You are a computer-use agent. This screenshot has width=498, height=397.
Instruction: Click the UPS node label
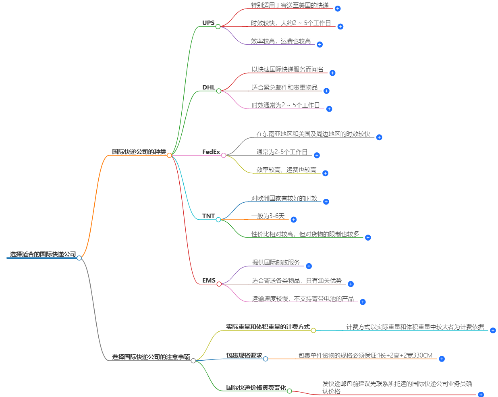[x=208, y=23]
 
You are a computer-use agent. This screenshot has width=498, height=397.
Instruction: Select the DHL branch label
[x=209, y=87]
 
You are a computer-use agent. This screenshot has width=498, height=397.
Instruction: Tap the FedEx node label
[x=211, y=152]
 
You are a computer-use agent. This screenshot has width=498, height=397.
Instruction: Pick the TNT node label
[x=208, y=216]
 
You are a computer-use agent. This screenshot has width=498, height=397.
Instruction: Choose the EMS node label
[x=209, y=281]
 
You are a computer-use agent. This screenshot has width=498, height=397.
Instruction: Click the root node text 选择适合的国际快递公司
[x=43, y=254]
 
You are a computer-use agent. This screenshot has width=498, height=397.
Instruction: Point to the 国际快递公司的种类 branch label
[x=139, y=152]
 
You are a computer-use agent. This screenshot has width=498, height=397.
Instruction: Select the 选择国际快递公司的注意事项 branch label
[x=151, y=357]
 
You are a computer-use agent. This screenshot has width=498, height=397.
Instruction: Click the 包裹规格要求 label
[x=244, y=355]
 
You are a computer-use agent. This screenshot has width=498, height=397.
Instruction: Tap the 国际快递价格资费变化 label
[x=256, y=388]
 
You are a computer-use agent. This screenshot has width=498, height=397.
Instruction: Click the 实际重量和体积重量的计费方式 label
[x=268, y=327]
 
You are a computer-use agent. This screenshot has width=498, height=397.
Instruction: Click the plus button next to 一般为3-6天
[x=294, y=220]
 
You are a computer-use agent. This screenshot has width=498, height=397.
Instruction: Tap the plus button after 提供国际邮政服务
[x=309, y=266]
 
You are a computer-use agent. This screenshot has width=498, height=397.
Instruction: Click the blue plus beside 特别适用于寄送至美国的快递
[x=338, y=8]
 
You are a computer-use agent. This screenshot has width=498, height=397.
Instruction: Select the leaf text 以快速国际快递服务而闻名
[x=287, y=69]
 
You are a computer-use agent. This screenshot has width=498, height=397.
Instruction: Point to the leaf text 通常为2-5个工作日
[x=282, y=152]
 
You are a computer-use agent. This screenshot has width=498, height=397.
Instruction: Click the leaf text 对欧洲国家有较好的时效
[x=284, y=198]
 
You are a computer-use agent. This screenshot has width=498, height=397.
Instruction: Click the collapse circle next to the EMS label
[x=219, y=284]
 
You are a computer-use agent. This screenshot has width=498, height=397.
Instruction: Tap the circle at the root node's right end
[x=79, y=258]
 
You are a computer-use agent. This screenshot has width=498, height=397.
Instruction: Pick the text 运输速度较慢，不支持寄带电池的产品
[x=303, y=299]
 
